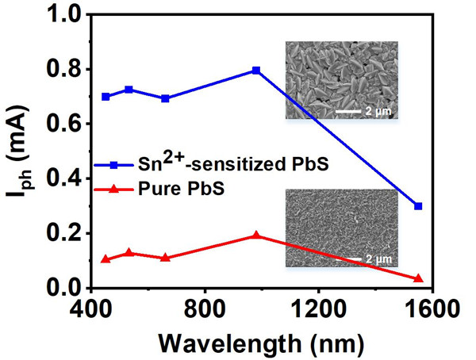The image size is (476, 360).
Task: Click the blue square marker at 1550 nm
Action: point(418,206)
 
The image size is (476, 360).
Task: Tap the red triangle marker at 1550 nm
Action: point(418,278)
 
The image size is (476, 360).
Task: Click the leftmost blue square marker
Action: point(106,97)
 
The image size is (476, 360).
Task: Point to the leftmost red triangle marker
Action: point(106,259)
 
